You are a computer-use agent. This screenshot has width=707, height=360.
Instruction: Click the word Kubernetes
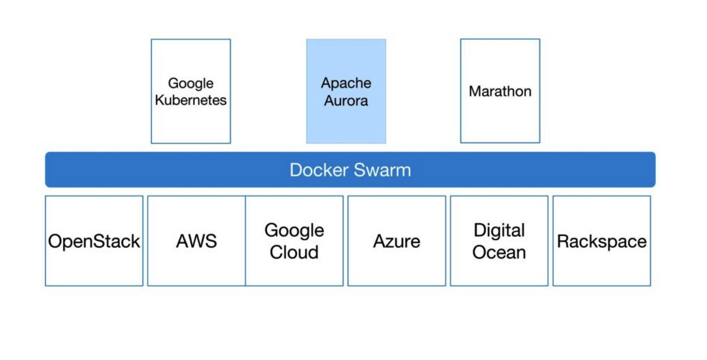191,100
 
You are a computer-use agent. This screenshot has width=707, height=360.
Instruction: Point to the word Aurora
346,101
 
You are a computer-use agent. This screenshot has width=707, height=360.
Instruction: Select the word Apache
346,83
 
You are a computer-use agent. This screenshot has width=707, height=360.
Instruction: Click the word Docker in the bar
318,171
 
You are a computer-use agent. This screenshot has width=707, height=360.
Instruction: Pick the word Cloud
294,252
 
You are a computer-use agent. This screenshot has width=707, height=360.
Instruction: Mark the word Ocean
499,252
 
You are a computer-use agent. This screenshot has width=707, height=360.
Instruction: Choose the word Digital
499,230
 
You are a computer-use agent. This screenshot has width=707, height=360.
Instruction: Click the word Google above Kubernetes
191,84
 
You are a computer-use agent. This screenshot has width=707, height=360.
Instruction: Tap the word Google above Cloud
294,230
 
